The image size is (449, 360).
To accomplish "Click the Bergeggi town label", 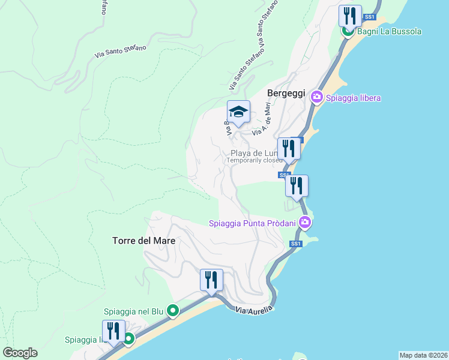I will pyautogui.click(x=286, y=94).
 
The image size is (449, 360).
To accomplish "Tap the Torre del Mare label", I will pyautogui.click(x=144, y=241).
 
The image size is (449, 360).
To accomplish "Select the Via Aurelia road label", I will pyautogui.click(x=254, y=310).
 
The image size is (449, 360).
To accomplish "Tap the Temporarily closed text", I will pyautogui.click(x=255, y=161).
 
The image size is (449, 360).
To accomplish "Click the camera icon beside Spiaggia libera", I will pyautogui.click(x=317, y=97).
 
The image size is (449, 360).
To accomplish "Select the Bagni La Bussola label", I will pyautogui.click(x=390, y=31).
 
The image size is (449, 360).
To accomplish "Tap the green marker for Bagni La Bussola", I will pyautogui.click(x=348, y=31).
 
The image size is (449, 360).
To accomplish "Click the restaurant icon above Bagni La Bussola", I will pyautogui.click(x=349, y=16).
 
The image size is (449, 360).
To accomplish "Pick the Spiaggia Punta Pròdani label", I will pyautogui.click(x=252, y=224).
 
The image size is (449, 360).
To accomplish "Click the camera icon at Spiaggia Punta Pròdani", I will pyautogui.click(x=305, y=223).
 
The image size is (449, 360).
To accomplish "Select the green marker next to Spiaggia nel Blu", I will pyautogui.click(x=173, y=311).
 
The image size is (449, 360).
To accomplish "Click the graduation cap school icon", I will pyautogui.click(x=238, y=111).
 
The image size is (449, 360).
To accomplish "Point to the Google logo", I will pyautogui.click(x=20, y=353).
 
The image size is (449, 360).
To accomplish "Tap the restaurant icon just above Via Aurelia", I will pyautogui.click(x=211, y=279).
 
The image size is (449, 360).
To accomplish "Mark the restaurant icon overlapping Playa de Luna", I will pyautogui.click(x=289, y=148).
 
